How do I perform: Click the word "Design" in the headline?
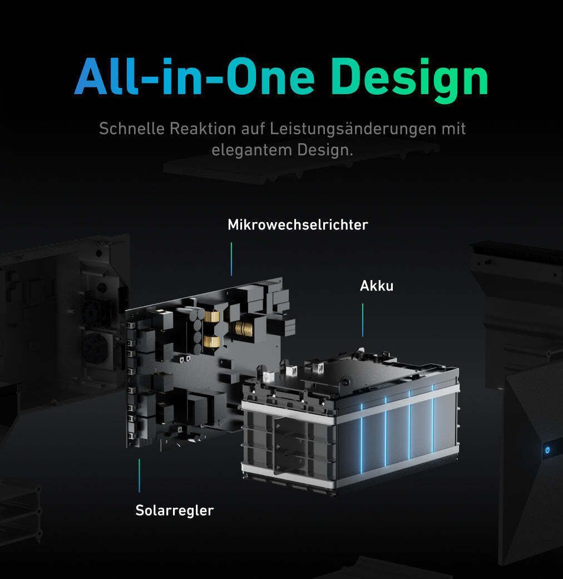409,78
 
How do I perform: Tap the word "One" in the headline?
270,77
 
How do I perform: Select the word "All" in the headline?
107,76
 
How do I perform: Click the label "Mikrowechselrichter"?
298,224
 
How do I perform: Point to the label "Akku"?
377,286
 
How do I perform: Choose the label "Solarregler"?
175,511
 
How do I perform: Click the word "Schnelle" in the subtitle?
132,129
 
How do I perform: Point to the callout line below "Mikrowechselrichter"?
231,259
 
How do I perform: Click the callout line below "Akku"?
363,320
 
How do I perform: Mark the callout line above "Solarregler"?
139,475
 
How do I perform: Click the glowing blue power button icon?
547,450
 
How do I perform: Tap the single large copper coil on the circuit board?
244,329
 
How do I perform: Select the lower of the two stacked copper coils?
211,342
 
